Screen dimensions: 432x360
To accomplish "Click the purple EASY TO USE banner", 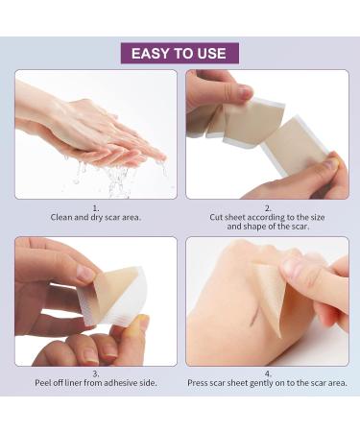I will coord(180,53).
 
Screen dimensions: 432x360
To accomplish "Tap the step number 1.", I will coord(96,207).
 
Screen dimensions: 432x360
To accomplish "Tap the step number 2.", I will coord(267,207).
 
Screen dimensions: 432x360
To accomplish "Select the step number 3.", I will coord(96,374).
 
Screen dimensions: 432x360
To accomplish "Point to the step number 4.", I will coord(267,374).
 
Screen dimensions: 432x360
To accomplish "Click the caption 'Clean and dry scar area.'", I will coord(96,217).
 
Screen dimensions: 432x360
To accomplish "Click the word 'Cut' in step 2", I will coord(218,217).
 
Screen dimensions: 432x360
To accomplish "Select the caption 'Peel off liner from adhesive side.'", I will coord(96,384).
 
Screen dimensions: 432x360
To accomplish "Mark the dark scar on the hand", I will coord(248,310).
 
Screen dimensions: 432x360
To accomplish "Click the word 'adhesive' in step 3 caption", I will coord(116,384).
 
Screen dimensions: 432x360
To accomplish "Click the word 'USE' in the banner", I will coord(209,53).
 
